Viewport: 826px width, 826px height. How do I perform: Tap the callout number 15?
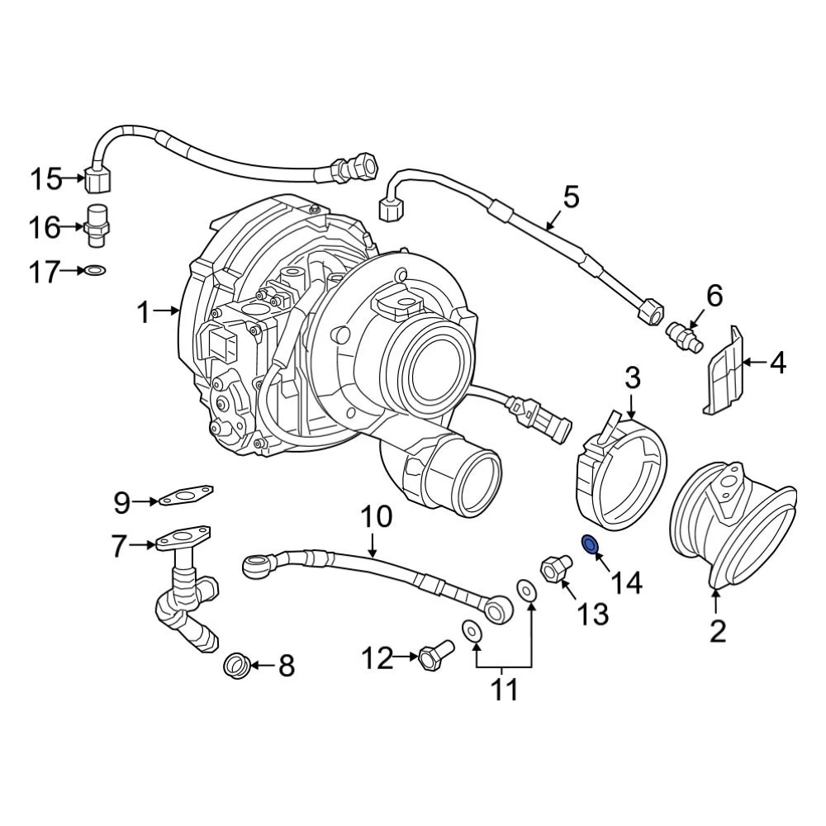pyautogui.click(x=45, y=179)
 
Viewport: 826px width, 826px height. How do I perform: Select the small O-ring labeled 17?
pyautogui.click(x=95, y=271)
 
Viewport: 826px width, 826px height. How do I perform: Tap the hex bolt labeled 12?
pyautogui.click(x=435, y=655)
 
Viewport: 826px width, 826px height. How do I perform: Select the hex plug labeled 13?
pyautogui.click(x=556, y=567)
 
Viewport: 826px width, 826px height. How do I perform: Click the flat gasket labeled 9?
pyautogui.click(x=187, y=494)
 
